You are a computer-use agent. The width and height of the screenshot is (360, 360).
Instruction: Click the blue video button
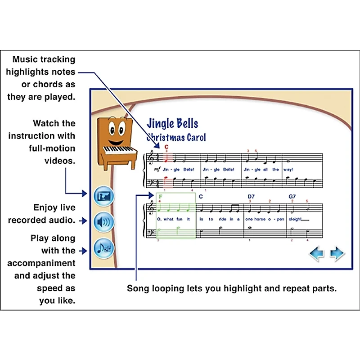[104, 196]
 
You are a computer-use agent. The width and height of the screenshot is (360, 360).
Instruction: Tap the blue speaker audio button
[104, 222]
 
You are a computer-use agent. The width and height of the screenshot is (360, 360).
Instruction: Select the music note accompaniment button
[104, 248]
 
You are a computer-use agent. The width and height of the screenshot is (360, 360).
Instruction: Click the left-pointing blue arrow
[317, 253]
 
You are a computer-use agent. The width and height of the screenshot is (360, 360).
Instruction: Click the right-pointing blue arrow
[337, 253]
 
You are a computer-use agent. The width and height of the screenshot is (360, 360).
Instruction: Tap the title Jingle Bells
[172, 123]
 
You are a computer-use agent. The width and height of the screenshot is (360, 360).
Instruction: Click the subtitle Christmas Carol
[176, 137]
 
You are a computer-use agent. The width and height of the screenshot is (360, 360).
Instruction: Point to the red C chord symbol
[166, 147]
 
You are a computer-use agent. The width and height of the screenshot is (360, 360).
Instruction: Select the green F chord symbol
[161, 197]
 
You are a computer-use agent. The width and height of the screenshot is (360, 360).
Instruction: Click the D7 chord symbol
[251, 197]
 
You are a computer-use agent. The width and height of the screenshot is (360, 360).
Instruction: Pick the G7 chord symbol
[292, 197]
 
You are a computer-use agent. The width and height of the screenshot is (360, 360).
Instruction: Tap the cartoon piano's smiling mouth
[116, 143]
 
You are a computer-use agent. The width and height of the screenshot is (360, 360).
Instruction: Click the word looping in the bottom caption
[168, 288]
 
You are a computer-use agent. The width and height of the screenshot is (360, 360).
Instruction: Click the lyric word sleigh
[295, 219]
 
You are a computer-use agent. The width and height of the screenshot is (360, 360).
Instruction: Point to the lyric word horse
[260, 219]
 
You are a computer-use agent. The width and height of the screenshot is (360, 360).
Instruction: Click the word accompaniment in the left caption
[41, 263]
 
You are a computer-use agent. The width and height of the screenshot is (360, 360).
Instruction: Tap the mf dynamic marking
[157, 170]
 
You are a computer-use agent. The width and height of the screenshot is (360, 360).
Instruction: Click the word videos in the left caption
[60, 161]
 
